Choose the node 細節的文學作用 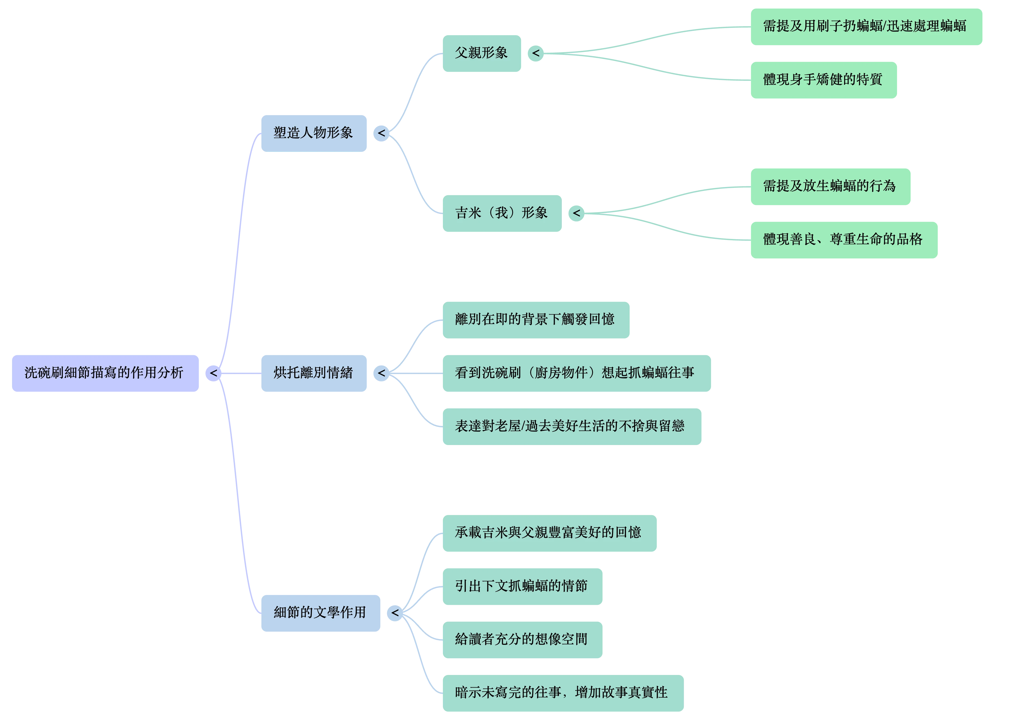click(320, 613)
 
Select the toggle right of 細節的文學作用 click(394, 613)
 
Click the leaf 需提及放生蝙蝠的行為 click(830, 186)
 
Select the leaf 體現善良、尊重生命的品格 click(843, 240)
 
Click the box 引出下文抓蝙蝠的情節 click(522, 586)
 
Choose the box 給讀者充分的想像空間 click(522, 639)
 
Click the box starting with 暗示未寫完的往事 click(562, 692)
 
